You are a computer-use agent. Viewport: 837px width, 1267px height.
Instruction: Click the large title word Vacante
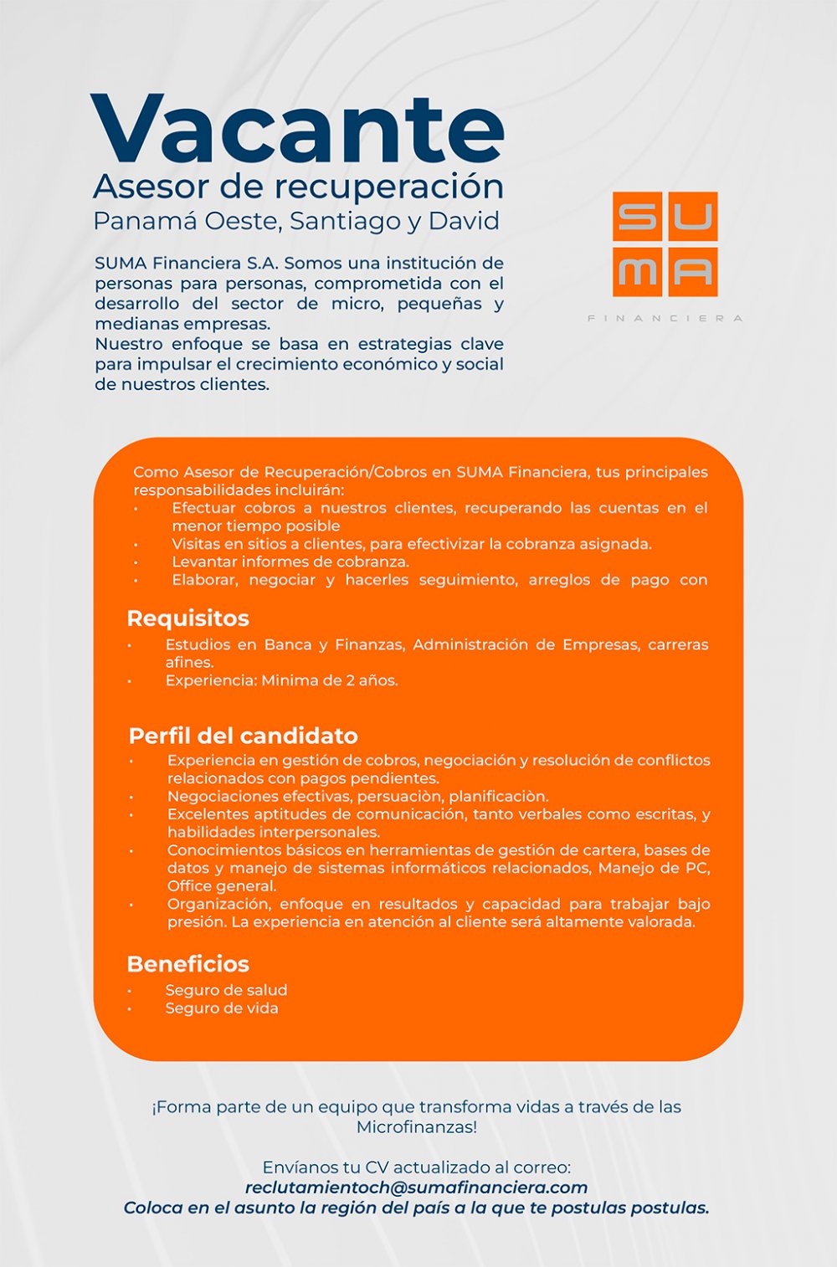297,130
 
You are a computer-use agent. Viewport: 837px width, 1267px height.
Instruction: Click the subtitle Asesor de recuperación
298,186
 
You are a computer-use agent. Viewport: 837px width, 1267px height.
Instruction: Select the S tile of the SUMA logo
637,217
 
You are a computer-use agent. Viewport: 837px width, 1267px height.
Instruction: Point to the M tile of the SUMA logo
637,272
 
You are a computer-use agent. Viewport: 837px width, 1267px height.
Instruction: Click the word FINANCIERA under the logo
665,318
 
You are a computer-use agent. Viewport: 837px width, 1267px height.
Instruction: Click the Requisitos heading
187,618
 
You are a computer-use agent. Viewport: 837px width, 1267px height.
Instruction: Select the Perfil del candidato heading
243,736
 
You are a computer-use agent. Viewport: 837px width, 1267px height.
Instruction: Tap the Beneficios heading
187,964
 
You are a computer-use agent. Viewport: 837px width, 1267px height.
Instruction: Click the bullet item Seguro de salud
226,990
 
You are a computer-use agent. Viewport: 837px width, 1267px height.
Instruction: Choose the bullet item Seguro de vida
222,1008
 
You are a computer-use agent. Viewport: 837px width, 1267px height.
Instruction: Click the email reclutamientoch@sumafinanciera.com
416,1187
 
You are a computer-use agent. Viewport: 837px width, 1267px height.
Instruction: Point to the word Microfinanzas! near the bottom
416,1127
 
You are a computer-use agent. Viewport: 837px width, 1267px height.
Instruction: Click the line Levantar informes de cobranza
290,562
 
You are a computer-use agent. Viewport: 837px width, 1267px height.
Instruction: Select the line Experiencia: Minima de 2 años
281,680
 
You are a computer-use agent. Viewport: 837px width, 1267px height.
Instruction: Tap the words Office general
222,886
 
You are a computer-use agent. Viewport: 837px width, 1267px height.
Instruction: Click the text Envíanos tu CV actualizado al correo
416,1167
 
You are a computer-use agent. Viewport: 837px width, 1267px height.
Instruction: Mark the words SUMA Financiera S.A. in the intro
187,264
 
